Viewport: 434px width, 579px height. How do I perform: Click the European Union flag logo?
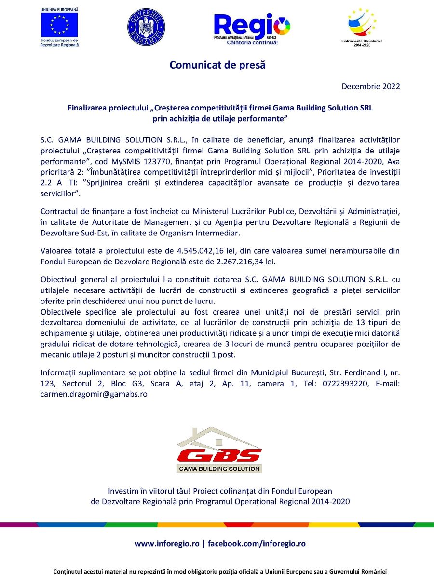pyautogui.click(x=60, y=25)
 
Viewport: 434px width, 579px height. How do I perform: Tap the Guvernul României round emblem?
pyautogui.click(x=146, y=27)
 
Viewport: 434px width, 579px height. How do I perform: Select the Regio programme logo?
pyautogui.click(x=252, y=28)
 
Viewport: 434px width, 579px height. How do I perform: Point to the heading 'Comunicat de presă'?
pyautogui.click(x=217, y=65)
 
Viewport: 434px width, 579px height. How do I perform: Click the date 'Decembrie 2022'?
pyautogui.click(x=371, y=87)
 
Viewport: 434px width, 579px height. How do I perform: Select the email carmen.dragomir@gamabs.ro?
pyautogui.click(x=94, y=394)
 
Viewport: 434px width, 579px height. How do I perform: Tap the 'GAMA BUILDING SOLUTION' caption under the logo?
pyautogui.click(x=219, y=469)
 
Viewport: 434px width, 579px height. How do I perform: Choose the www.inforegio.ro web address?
pyautogui.click(x=167, y=543)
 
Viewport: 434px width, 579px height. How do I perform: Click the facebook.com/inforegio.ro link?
pyautogui.click(x=256, y=543)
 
